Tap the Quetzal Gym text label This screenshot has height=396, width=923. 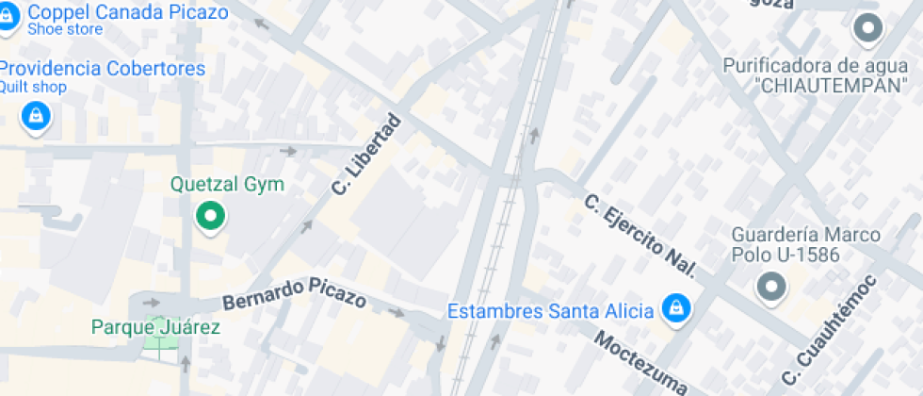(x=227, y=184)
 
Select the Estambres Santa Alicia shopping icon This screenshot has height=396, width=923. (x=674, y=307)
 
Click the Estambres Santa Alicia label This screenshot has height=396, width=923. (x=550, y=311)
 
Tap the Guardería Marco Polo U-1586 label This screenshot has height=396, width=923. (x=806, y=244)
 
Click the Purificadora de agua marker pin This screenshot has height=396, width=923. (x=866, y=29)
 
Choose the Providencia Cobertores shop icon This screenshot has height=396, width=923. (x=36, y=116)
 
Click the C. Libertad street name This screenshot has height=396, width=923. (x=366, y=156)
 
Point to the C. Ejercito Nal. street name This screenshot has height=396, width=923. (x=640, y=236)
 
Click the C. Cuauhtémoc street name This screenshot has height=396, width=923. (x=830, y=329)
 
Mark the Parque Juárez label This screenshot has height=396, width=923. (x=155, y=327)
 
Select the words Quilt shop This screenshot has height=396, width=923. (x=33, y=88)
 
